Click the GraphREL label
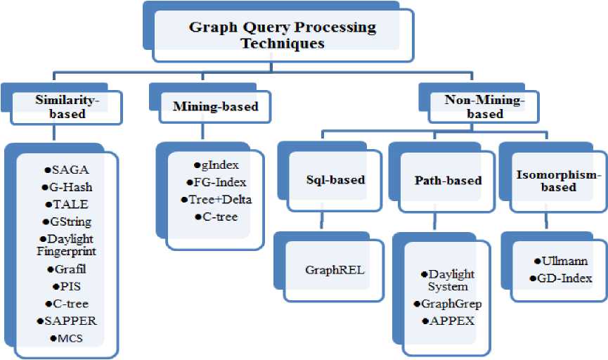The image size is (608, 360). (x=335, y=270)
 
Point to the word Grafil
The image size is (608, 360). (x=70, y=269)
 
